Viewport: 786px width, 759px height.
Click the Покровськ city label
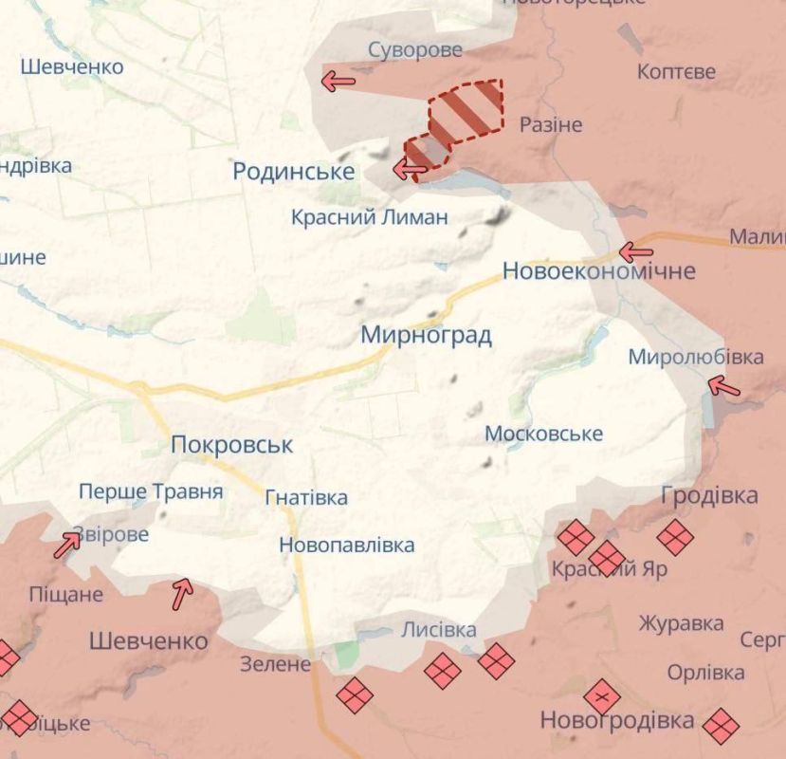(232, 445)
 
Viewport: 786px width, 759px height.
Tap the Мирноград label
(426, 335)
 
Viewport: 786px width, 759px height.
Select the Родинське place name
(294, 171)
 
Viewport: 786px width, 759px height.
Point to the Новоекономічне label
(598, 271)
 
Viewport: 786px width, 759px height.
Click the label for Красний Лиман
(369, 217)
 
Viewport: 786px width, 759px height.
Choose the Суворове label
(415, 50)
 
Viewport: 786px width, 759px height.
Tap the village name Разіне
(551, 125)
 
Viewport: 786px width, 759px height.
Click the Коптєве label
(676, 72)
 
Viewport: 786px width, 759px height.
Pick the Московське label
(543, 434)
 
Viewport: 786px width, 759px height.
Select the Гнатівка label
(306, 497)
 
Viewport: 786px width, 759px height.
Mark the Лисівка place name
(438, 630)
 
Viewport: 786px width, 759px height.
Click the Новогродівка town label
(616, 721)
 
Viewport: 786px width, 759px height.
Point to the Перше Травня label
(151, 491)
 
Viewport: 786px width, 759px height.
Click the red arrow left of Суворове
(338, 82)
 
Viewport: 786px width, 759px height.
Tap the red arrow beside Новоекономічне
(635, 252)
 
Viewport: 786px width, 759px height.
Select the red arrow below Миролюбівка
(723, 386)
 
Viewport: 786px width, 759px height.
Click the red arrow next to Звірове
(67, 544)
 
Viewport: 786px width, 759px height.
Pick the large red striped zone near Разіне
(466, 111)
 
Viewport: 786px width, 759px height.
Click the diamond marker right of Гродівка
(675, 537)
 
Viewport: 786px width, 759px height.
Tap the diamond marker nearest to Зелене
(354, 695)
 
